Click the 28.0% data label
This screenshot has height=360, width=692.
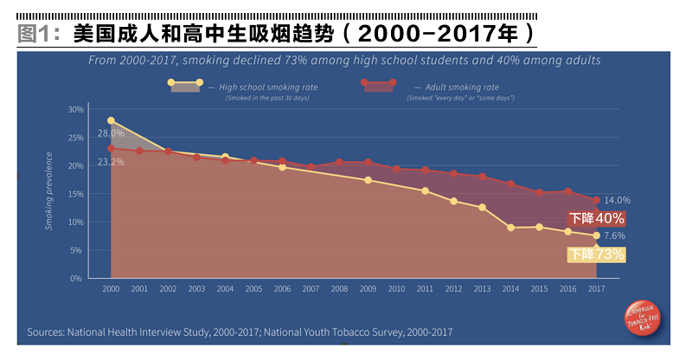coord(111,133)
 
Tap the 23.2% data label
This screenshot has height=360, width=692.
coord(111,162)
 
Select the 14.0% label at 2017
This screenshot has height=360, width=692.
coord(617,200)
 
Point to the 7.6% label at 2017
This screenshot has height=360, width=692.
coord(614,235)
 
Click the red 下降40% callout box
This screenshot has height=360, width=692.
coord(596,219)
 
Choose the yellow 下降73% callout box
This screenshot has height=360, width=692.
coord(595,254)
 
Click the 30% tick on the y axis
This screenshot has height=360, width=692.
coord(76,110)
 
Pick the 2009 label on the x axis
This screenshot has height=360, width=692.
coord(368,288)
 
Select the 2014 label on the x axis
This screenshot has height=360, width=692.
coord(510,288)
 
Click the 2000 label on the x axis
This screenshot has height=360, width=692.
coord(111,288)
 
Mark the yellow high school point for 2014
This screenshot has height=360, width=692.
coord(511,228)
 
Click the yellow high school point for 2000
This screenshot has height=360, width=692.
coord(111,120)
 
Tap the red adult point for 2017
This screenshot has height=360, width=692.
coord(596,200)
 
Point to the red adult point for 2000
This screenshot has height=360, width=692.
coord(111,148)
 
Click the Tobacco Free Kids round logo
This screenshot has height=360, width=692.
coord(642,323)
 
